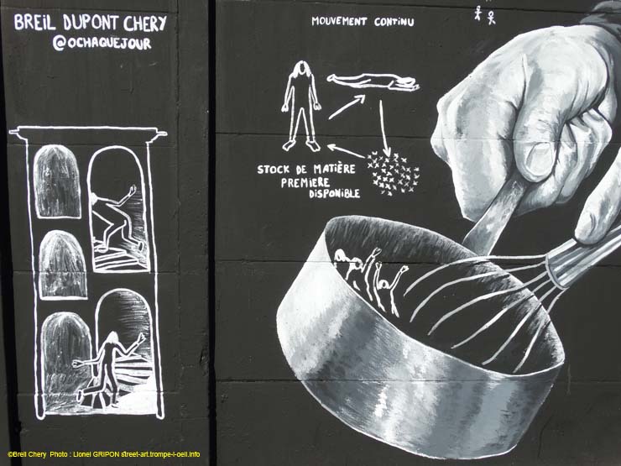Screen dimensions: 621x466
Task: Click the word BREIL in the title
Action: (x=34, y=22)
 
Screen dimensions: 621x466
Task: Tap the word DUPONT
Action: (x=91, y=23)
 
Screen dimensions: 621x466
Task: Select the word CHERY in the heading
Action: (x=145, y=24)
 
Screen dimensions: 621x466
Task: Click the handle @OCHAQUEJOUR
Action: (x=102, y=43)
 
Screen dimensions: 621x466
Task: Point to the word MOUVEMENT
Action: (x=339, y=21)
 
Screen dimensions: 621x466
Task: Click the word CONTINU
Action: (x=394, y=22)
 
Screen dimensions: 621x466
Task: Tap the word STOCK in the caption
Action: (x=274, y=170)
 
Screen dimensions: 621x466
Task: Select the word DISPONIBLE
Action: (x=334, y=193)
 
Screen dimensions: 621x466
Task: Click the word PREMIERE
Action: (x=305, y=182)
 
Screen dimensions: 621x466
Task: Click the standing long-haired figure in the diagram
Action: (x=302, y=106)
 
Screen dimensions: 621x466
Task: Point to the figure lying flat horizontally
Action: (x=373, y=81)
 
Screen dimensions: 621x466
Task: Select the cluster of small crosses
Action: (x=392, y=174)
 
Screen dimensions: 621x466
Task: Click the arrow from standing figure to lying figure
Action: (x=347, y=107)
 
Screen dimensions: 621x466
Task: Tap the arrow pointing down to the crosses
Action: (x=384, y=128)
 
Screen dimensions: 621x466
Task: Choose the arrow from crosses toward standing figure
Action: (x=346, y=150)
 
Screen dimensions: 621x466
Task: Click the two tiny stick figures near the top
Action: (x=485, y=15)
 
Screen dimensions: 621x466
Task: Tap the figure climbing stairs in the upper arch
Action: (x=117, y=219)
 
